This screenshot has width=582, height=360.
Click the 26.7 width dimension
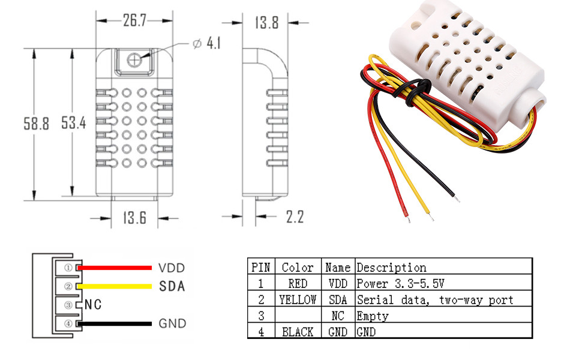coord(135,21)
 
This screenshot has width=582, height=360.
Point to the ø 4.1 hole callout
coord(207,44)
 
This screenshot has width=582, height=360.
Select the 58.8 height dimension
coord(36,124)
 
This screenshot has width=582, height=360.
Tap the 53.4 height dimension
coord(74,124)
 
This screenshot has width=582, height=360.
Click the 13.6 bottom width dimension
coord(135,217)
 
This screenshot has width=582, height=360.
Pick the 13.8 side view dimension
coord(266,23)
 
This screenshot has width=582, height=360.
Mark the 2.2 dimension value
coord(294,217)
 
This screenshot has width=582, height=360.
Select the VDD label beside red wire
coord(172,268)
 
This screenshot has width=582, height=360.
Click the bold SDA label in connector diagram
coord(172,286)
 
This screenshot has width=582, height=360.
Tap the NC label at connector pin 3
coord(92,305)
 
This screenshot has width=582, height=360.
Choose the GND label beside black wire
coord(172,323)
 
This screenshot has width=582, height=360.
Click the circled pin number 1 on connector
coord(68,268)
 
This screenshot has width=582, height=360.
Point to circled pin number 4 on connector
coord(68,324)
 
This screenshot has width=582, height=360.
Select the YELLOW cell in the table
coord(298,299)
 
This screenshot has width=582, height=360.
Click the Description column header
coord(391,268)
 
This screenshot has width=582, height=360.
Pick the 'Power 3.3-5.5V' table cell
coord(400,283)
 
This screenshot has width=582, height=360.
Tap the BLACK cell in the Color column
coord(298,331)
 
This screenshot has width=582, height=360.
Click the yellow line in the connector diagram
coord(114,286)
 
